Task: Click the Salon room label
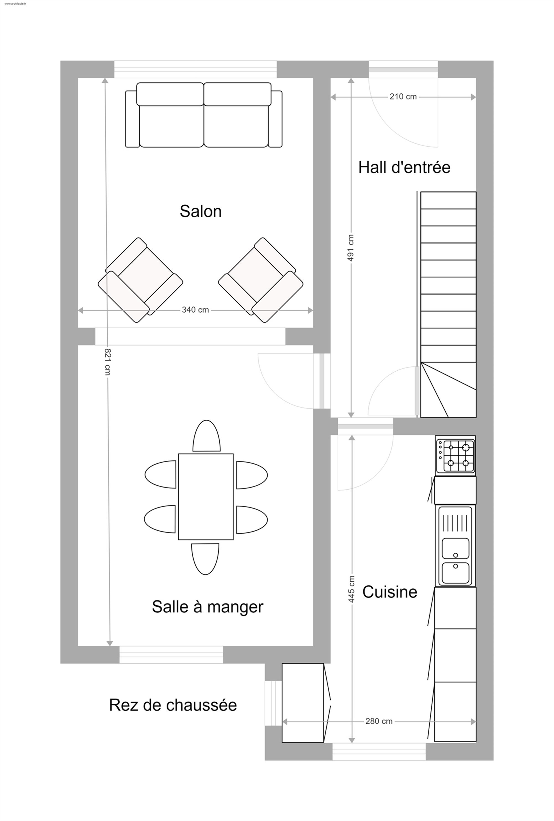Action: (x=201, y=211)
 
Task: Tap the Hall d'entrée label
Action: (x=404, y=167)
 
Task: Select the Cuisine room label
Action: (x=390, y=592)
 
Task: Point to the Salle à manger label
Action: (x=208, y=607)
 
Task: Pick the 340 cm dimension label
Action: (x=195, y=310)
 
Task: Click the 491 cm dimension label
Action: (x=351, y=248)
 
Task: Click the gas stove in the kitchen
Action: (x=455, y=456)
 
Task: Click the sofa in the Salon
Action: (x=204, y=115)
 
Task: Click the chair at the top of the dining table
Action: (x=207, y=435)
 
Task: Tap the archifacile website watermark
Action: (x=15, y=4)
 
